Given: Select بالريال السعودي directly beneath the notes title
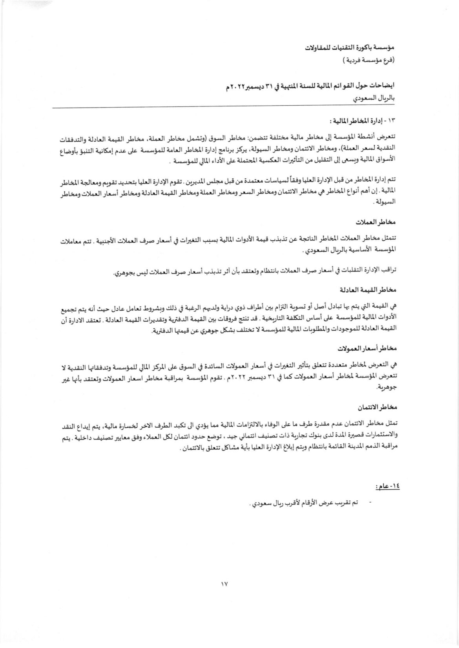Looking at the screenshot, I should click(x=375, y=100).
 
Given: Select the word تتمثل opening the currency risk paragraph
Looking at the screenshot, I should click(x=390, y=240).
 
